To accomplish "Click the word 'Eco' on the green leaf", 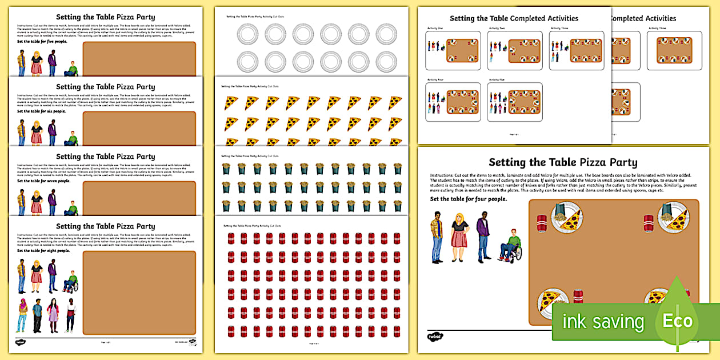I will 678,321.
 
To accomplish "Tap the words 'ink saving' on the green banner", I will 603,322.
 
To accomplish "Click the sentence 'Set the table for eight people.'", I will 43,250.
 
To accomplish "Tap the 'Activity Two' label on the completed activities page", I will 497,28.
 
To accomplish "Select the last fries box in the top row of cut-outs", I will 395,169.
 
